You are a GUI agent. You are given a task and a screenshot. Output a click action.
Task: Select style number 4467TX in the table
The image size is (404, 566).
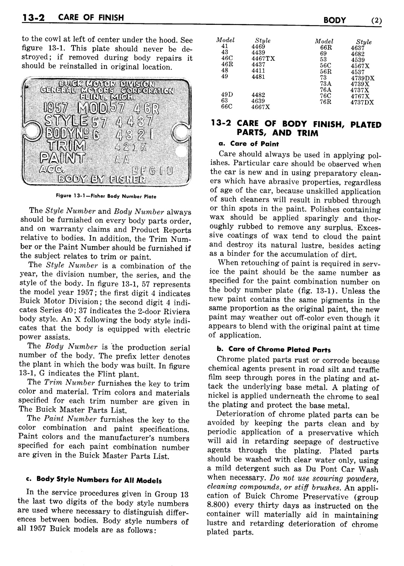tap(263, 58)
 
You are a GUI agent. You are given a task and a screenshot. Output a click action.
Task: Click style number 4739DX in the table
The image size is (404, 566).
tap(363, 78)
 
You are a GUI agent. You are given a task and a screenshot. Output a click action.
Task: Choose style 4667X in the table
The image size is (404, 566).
tap(261, 107)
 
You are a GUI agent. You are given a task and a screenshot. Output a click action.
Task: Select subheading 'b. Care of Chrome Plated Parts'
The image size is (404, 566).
tap(269, 349)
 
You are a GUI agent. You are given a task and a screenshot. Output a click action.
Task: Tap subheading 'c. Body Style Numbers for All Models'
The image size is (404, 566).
tap(94, 480)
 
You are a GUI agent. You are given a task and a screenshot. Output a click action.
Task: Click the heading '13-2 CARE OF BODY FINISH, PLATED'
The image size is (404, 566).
tap(296, 125)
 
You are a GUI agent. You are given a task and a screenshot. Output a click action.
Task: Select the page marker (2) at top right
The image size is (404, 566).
tap(376, 20)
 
